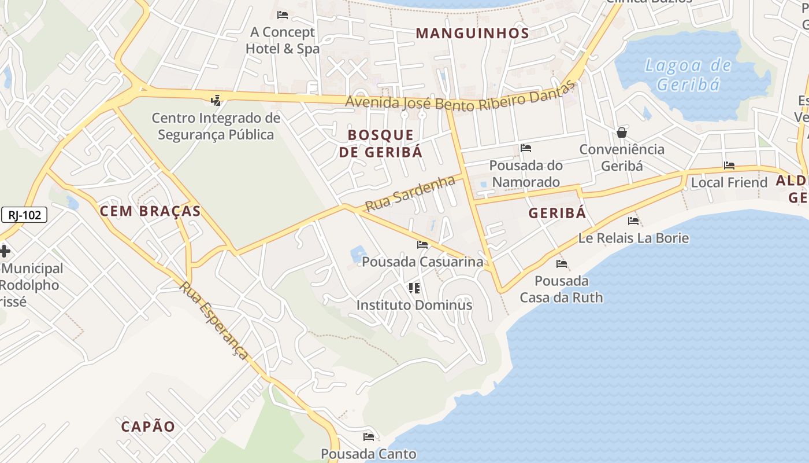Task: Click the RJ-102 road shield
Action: tap(24, 215)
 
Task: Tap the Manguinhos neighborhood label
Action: tap(472, 34)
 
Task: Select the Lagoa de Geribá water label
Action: tap(688, 75)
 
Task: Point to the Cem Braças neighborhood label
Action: tap(150, 211)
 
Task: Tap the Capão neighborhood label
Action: tap(148, 427)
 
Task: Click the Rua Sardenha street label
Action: tap(410, 194)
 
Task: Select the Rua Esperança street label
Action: tap(214, 320)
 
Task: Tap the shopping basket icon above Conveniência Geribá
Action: tap(622, 133)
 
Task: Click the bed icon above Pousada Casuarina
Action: tap(422, 245)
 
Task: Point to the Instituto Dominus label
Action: tap(414, 305)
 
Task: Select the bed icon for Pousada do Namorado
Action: tap(526, 148)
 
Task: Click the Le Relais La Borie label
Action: tap(633, 238)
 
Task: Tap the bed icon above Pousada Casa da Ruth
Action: tap(561, 264)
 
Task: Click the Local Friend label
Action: tap(729, 182)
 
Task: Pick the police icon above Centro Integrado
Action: tap(216, 101)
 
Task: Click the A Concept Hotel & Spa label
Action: tap(283, 41)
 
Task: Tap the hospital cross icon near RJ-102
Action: tap(5, 251)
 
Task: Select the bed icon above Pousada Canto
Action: tap(369, 436)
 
